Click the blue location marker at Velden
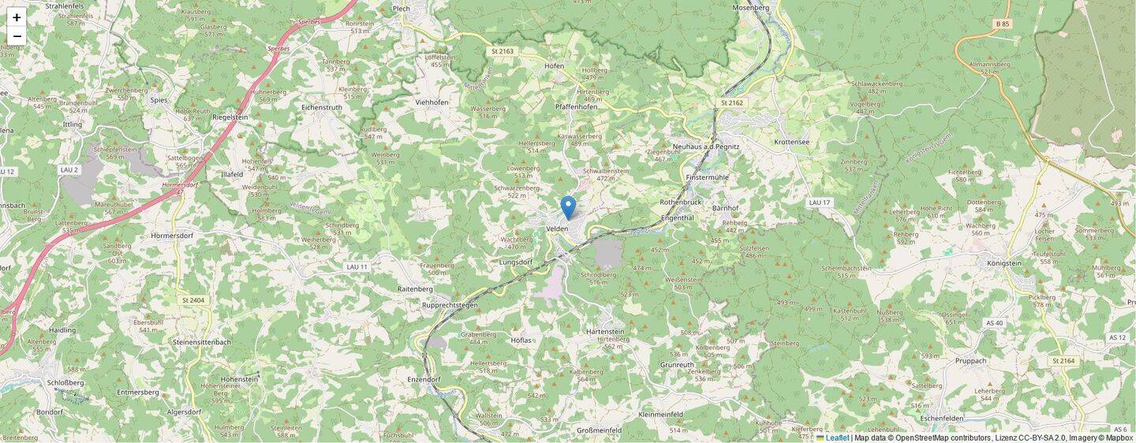[568, 207]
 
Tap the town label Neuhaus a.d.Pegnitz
[706, 147]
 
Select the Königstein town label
[1003, 263]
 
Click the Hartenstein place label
[605, 332]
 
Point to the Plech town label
[401, 8]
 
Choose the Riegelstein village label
[230, 117]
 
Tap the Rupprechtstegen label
[450, 305]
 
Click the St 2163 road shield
[503, 51]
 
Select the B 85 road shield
[1003, 24]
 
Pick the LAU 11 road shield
[357, 267]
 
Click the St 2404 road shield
[193, 300]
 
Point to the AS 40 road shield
[994, 323]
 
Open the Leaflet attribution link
[837, 437]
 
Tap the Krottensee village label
[792, 142]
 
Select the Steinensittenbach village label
[202, 342]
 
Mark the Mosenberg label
[750, 8]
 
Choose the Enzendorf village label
[424, 379]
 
